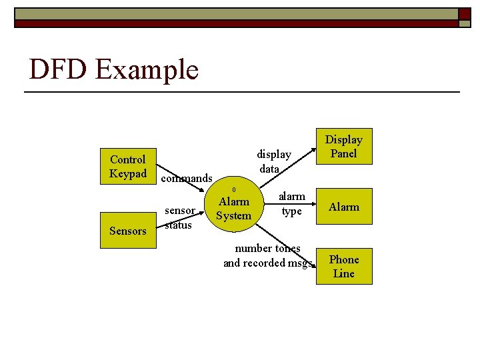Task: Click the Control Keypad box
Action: tap(127, 166)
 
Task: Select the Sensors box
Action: tap(127, 231)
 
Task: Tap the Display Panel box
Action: tap(343, 146)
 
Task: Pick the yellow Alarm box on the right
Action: tap(343, 207)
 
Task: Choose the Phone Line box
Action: tap(343, 266)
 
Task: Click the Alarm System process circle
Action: tap(233, 209)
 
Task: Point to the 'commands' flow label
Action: tap(187, 178)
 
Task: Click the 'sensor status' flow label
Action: tap(179, 217)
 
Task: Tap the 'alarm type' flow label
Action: tap(291, 204)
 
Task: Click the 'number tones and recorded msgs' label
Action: tap(268, 256)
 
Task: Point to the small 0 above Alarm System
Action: tap(233, 189)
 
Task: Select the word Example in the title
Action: tap(147, 69)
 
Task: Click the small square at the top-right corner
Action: tap(464, 14)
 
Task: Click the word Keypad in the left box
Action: tap(127, 173)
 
